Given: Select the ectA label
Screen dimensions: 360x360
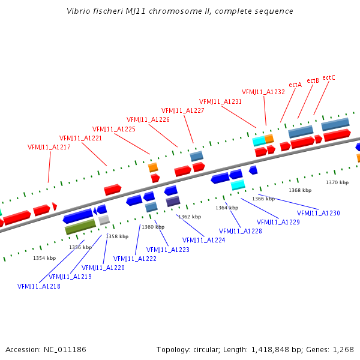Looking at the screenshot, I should tap(295, 85).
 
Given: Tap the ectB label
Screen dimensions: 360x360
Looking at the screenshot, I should tap(313, 80).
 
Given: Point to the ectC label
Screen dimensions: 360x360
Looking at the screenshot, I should tap(329, 77).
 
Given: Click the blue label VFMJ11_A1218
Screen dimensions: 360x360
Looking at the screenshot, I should tap(39, 286).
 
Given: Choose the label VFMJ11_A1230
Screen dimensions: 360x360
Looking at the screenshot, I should tap(319, 213).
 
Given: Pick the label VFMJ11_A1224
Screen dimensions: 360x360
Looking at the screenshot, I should tap(204, 240).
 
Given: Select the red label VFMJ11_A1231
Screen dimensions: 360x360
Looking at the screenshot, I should tap(221, 101).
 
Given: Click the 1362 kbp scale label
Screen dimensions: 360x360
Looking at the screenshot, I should tap(189, 217).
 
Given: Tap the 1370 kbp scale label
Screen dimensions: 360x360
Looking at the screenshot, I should tap(337, 182).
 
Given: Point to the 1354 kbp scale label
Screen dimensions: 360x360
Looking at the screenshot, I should tap(44, 258).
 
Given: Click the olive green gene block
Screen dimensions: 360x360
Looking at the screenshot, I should tap(80, 226).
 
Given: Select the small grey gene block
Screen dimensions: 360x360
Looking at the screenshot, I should tap(104, 220).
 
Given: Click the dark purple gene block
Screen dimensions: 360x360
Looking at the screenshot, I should tap(173, 201).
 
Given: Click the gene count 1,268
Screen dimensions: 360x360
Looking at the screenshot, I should tap(342, 349).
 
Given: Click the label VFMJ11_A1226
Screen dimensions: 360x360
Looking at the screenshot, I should tap(148, 119).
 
